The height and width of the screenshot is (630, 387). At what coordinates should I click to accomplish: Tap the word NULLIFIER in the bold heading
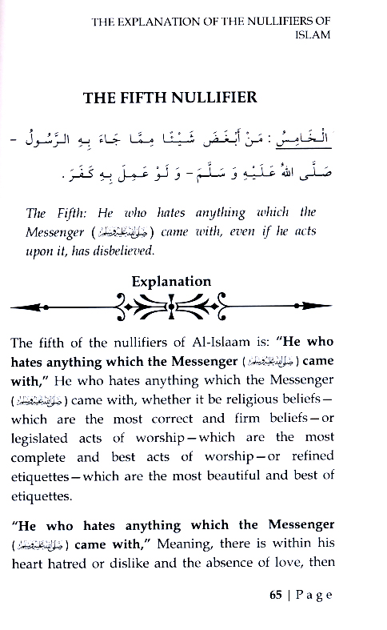click(216, 98)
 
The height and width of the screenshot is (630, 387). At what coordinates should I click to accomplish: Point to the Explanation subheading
click(171, 281)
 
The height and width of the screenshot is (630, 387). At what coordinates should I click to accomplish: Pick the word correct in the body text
click(169, 419)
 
